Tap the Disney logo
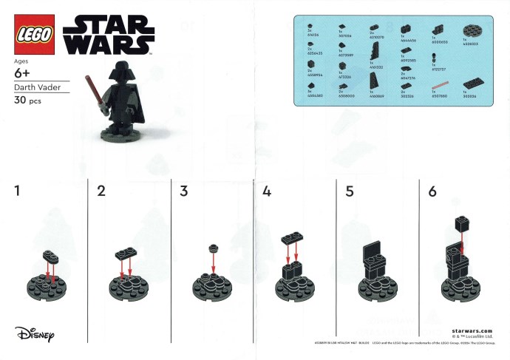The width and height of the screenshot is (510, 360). (x=35, y=333)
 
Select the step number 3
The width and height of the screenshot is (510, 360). (x=184, y=191)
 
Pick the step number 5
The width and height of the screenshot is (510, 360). (x=350, y=191)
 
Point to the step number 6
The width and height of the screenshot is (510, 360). (x=432, y=191)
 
